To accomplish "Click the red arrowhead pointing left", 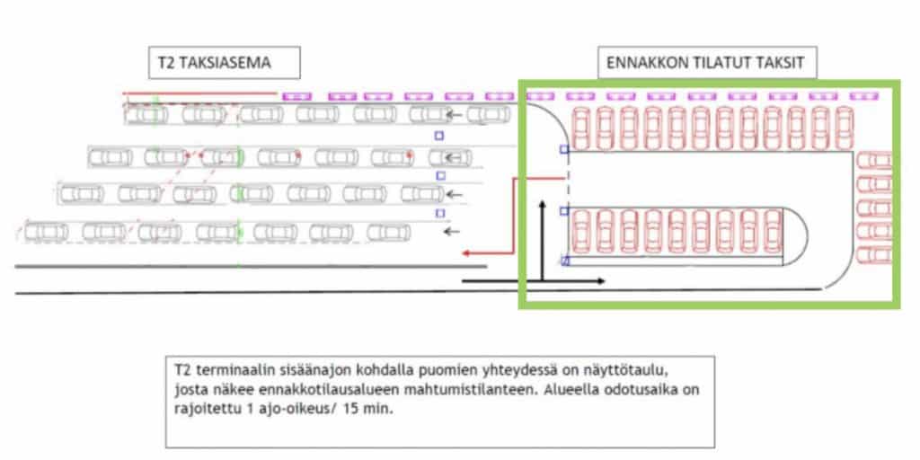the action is point(466,253).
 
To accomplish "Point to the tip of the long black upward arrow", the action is point(543,200).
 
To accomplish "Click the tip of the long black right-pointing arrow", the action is point(605,281).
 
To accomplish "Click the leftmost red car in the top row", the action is point(581,128).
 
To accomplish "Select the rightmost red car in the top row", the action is point(845,128).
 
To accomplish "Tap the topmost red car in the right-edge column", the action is point(874,160).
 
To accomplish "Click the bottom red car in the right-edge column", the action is point(874,255).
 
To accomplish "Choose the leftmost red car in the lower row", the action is point(580,231).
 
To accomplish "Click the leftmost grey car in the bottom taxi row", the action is point(47,233).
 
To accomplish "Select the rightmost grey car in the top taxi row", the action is point(489,114).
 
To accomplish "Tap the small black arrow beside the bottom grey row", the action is point(451,232).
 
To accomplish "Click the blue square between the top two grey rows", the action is point(438,137).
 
